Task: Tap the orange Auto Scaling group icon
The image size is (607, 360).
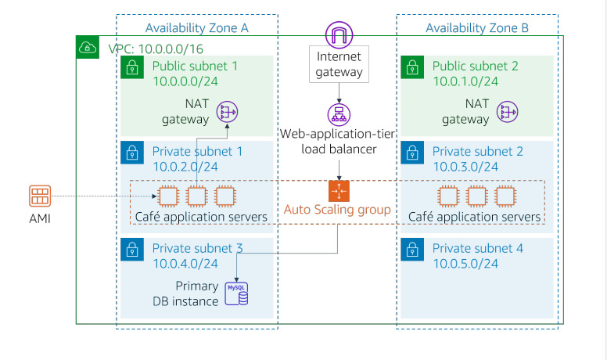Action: (339, 191)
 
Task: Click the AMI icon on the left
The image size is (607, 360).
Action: (38, 195)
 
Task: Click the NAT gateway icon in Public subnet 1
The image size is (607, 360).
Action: (228, 113)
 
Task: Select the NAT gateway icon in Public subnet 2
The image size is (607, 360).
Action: (508, 113)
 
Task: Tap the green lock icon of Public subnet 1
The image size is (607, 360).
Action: (131, 67)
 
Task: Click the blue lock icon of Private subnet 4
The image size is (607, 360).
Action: (411, 249)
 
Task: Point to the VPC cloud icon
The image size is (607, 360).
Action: (87, 48)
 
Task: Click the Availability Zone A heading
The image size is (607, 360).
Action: (196, 28)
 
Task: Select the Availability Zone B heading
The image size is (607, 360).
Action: (476, 28)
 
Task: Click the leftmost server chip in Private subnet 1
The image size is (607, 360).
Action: (167, 195)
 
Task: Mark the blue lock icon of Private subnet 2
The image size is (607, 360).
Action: (411, 151)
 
